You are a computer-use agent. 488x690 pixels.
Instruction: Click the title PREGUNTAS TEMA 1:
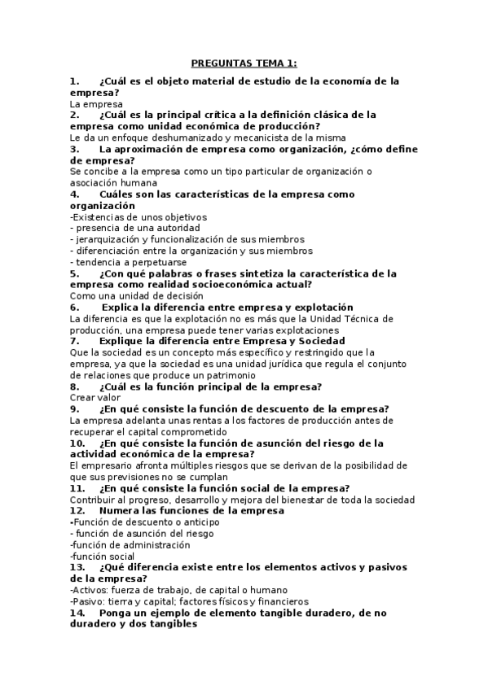coord(244,63)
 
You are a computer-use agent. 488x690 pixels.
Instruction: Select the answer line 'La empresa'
coord(96,104)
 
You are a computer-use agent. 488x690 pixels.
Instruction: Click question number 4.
coord(74,194)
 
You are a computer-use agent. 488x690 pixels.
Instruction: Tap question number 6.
coord(74,308)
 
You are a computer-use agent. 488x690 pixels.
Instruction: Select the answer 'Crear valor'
coord(95,398)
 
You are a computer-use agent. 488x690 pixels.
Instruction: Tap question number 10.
coord(77,443)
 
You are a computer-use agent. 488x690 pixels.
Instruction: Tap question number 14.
coord(77,613)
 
